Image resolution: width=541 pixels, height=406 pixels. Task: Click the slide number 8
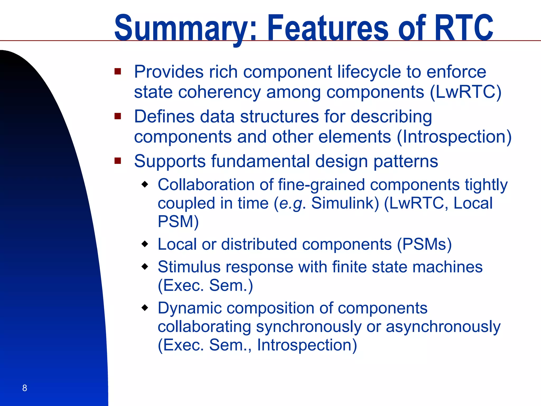(25, 388)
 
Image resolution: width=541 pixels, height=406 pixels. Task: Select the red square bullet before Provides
(118, 71)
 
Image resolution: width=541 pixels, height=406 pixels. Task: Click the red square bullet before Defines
(118, 116)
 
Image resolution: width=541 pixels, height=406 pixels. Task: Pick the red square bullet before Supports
(118, 161)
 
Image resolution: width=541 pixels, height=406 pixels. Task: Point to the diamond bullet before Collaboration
(145, 184)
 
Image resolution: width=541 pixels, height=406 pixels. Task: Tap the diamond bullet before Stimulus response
(145, 266)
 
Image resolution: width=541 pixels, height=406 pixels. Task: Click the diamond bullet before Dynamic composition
(145, 307)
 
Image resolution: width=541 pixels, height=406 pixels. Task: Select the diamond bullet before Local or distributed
(145, 243)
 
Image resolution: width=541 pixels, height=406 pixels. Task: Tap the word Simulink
(345, 203)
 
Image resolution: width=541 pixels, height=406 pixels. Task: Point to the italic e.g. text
(290, 204)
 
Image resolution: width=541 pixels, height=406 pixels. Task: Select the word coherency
(219, 92)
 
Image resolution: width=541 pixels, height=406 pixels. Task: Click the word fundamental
(260, 161)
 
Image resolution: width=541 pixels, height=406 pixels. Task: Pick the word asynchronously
(443, 327)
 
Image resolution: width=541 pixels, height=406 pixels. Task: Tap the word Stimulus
(189, 267)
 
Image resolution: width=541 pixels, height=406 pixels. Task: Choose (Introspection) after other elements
(454, 137)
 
